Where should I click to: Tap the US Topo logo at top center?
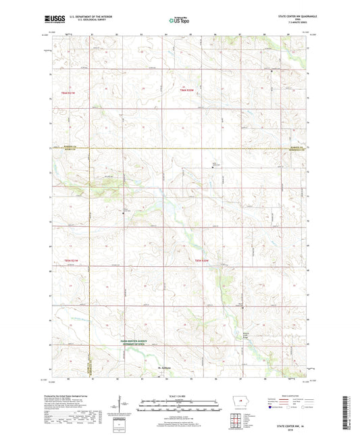(178, 21)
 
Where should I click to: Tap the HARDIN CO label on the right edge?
(295, 147)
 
